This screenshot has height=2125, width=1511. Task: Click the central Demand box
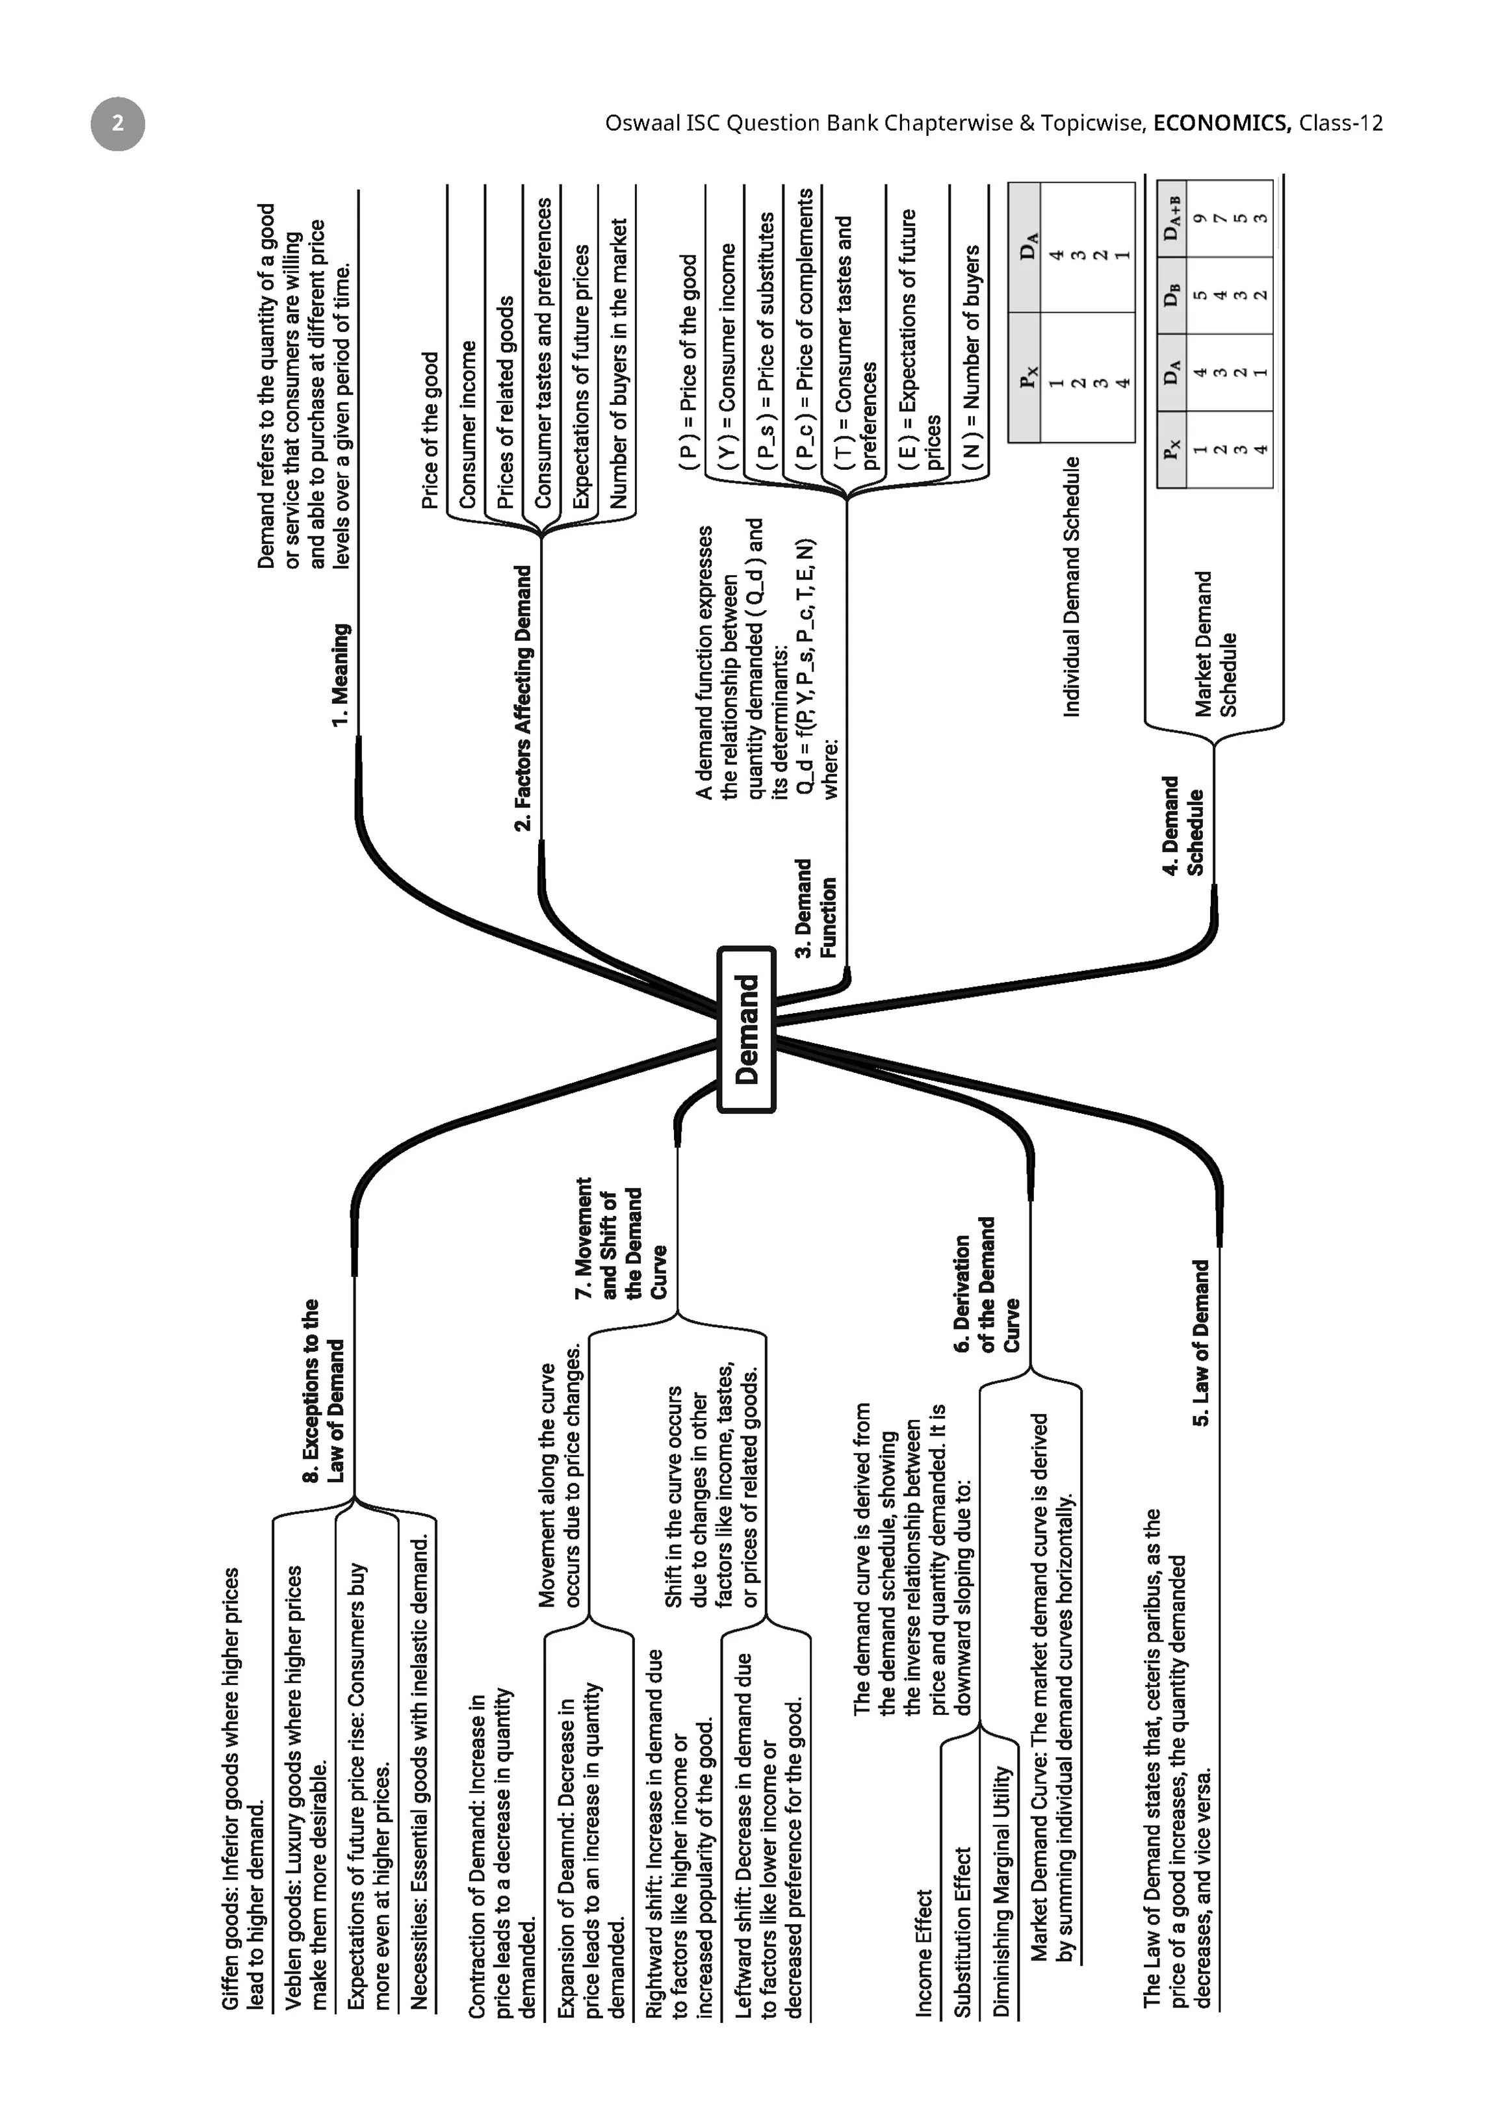click(746, 1030)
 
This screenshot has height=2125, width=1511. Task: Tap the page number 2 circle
click(118, 123)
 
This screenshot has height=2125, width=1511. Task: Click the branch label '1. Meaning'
click(341, 675)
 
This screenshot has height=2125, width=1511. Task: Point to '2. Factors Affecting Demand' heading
click(524, 698)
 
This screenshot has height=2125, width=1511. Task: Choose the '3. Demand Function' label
click(816, 908)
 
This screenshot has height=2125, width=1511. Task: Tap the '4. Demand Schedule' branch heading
click(1183, 825)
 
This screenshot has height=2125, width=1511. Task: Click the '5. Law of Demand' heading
click(1201, 1343)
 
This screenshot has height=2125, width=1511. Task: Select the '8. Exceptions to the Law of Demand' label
click(323, 1390)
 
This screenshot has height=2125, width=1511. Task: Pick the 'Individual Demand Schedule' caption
click(1072, 586)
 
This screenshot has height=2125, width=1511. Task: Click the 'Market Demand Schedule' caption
click(1216, 644)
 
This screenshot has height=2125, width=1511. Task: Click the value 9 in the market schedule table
click(1200, 218)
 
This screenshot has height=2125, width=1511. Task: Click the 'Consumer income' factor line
click(467, 424)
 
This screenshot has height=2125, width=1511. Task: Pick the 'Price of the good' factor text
click(429, 430)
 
